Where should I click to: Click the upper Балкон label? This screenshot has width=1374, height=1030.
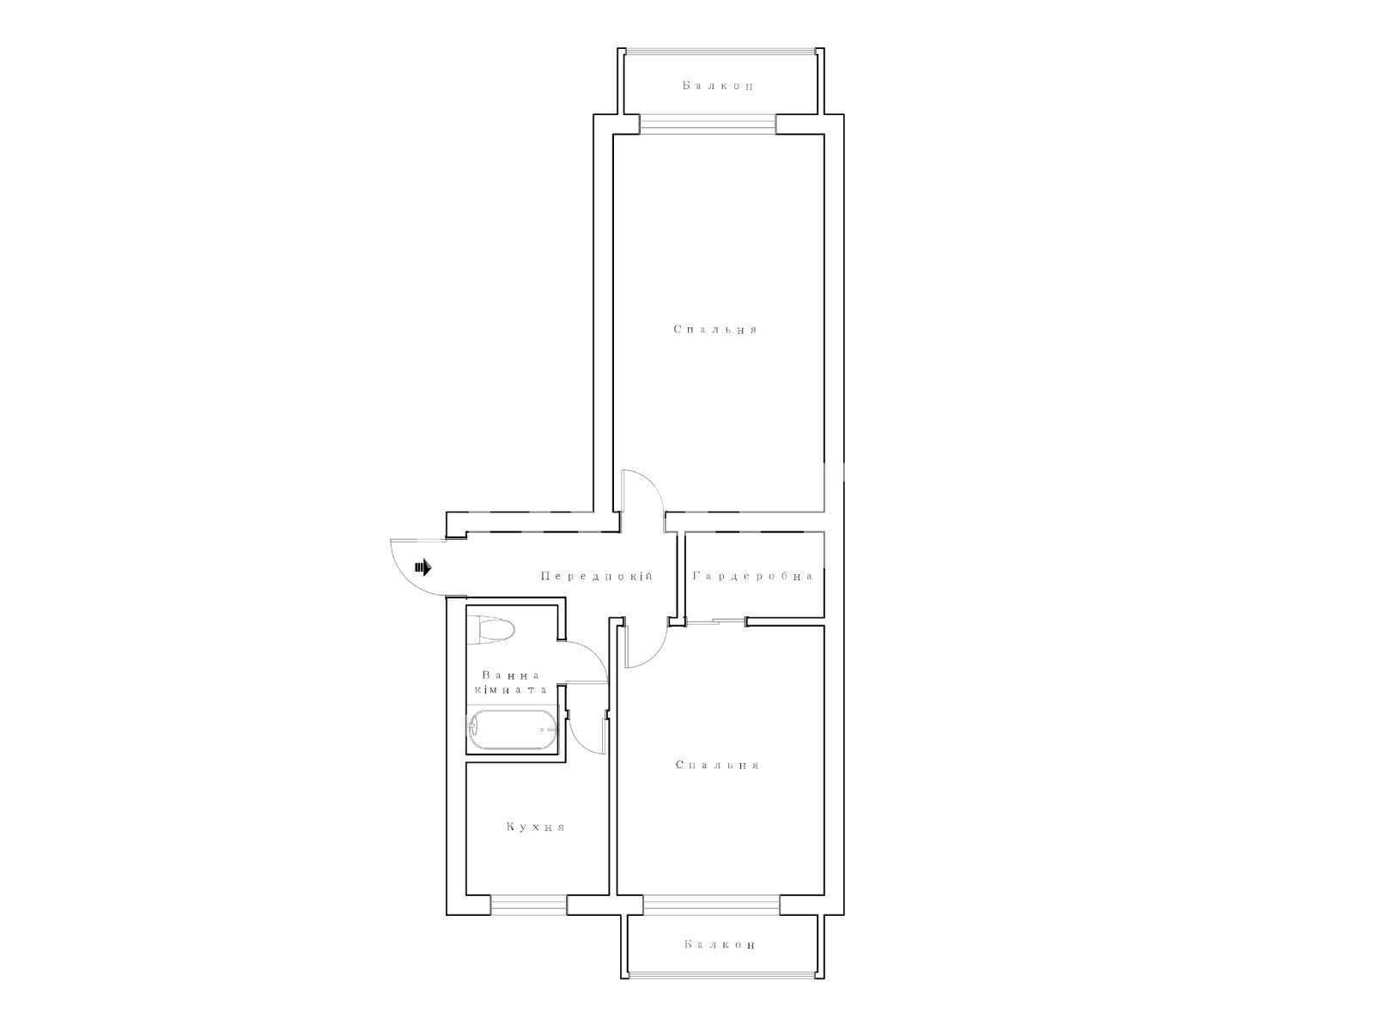pos(717,86)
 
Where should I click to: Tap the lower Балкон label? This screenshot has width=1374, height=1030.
pos(720,944)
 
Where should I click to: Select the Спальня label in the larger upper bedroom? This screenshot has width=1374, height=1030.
pos(715,329)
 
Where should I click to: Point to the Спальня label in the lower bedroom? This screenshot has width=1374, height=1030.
pos(717,765)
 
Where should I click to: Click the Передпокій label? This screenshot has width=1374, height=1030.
pos(597,576)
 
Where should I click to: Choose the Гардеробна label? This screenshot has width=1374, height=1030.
pos(753,576)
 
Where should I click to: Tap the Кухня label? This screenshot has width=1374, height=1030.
pos(535,827)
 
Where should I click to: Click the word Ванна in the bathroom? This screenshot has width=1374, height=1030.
pos(511,676)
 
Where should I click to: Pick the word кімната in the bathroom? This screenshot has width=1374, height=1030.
pos(511,690)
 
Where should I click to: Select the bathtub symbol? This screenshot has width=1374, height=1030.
pos(512,730)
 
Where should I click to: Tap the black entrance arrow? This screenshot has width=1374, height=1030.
pos(423,568)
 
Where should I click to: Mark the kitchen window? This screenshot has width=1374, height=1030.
pos(528,905)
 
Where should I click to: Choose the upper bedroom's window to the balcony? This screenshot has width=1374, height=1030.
pos(708,124)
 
